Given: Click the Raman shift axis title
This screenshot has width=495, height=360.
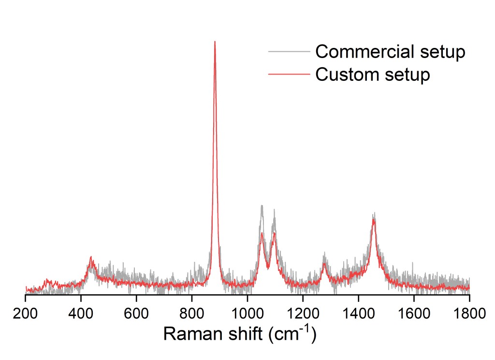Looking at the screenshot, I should (240, 334).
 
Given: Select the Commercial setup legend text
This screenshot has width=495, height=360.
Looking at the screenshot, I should (390, 51).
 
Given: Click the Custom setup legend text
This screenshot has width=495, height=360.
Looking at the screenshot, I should (373, 75).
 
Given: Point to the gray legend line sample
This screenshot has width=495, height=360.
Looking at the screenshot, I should (288, 51).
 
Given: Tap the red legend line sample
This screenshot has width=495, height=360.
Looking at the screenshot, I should (288, 74).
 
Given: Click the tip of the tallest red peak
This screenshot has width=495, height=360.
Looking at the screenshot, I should (215, 42).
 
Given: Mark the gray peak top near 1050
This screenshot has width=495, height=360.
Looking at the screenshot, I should (262, 206).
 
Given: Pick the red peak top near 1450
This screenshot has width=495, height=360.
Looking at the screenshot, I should (374, 219).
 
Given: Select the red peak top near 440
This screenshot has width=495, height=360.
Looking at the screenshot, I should (91, 257).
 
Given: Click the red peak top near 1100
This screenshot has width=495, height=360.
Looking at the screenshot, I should (274, 233).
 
